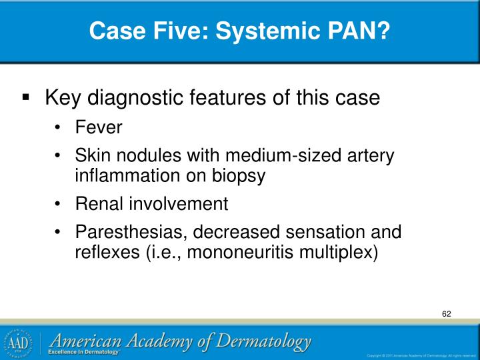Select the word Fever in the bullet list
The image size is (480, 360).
point(99,127)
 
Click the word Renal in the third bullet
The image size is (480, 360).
point(97,204)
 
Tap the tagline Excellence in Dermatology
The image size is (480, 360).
point(83,352)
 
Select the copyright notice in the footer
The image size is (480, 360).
point(421,355)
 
